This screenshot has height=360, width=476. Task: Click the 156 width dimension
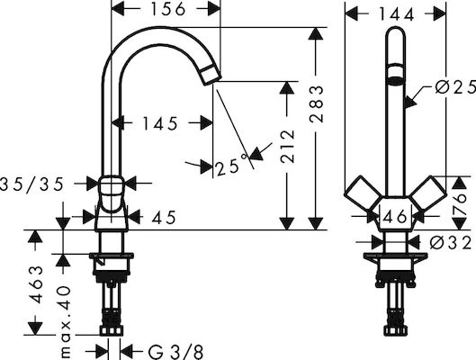168,9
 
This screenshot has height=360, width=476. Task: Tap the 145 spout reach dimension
160,123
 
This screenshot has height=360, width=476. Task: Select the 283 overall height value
317,104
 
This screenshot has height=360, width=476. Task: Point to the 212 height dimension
287,147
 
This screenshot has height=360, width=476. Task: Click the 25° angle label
231,165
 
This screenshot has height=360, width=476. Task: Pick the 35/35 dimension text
31,184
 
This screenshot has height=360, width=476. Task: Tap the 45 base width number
164,217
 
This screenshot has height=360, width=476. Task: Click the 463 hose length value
36,284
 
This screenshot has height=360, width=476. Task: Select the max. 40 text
65,322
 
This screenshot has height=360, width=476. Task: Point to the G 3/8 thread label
175,353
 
